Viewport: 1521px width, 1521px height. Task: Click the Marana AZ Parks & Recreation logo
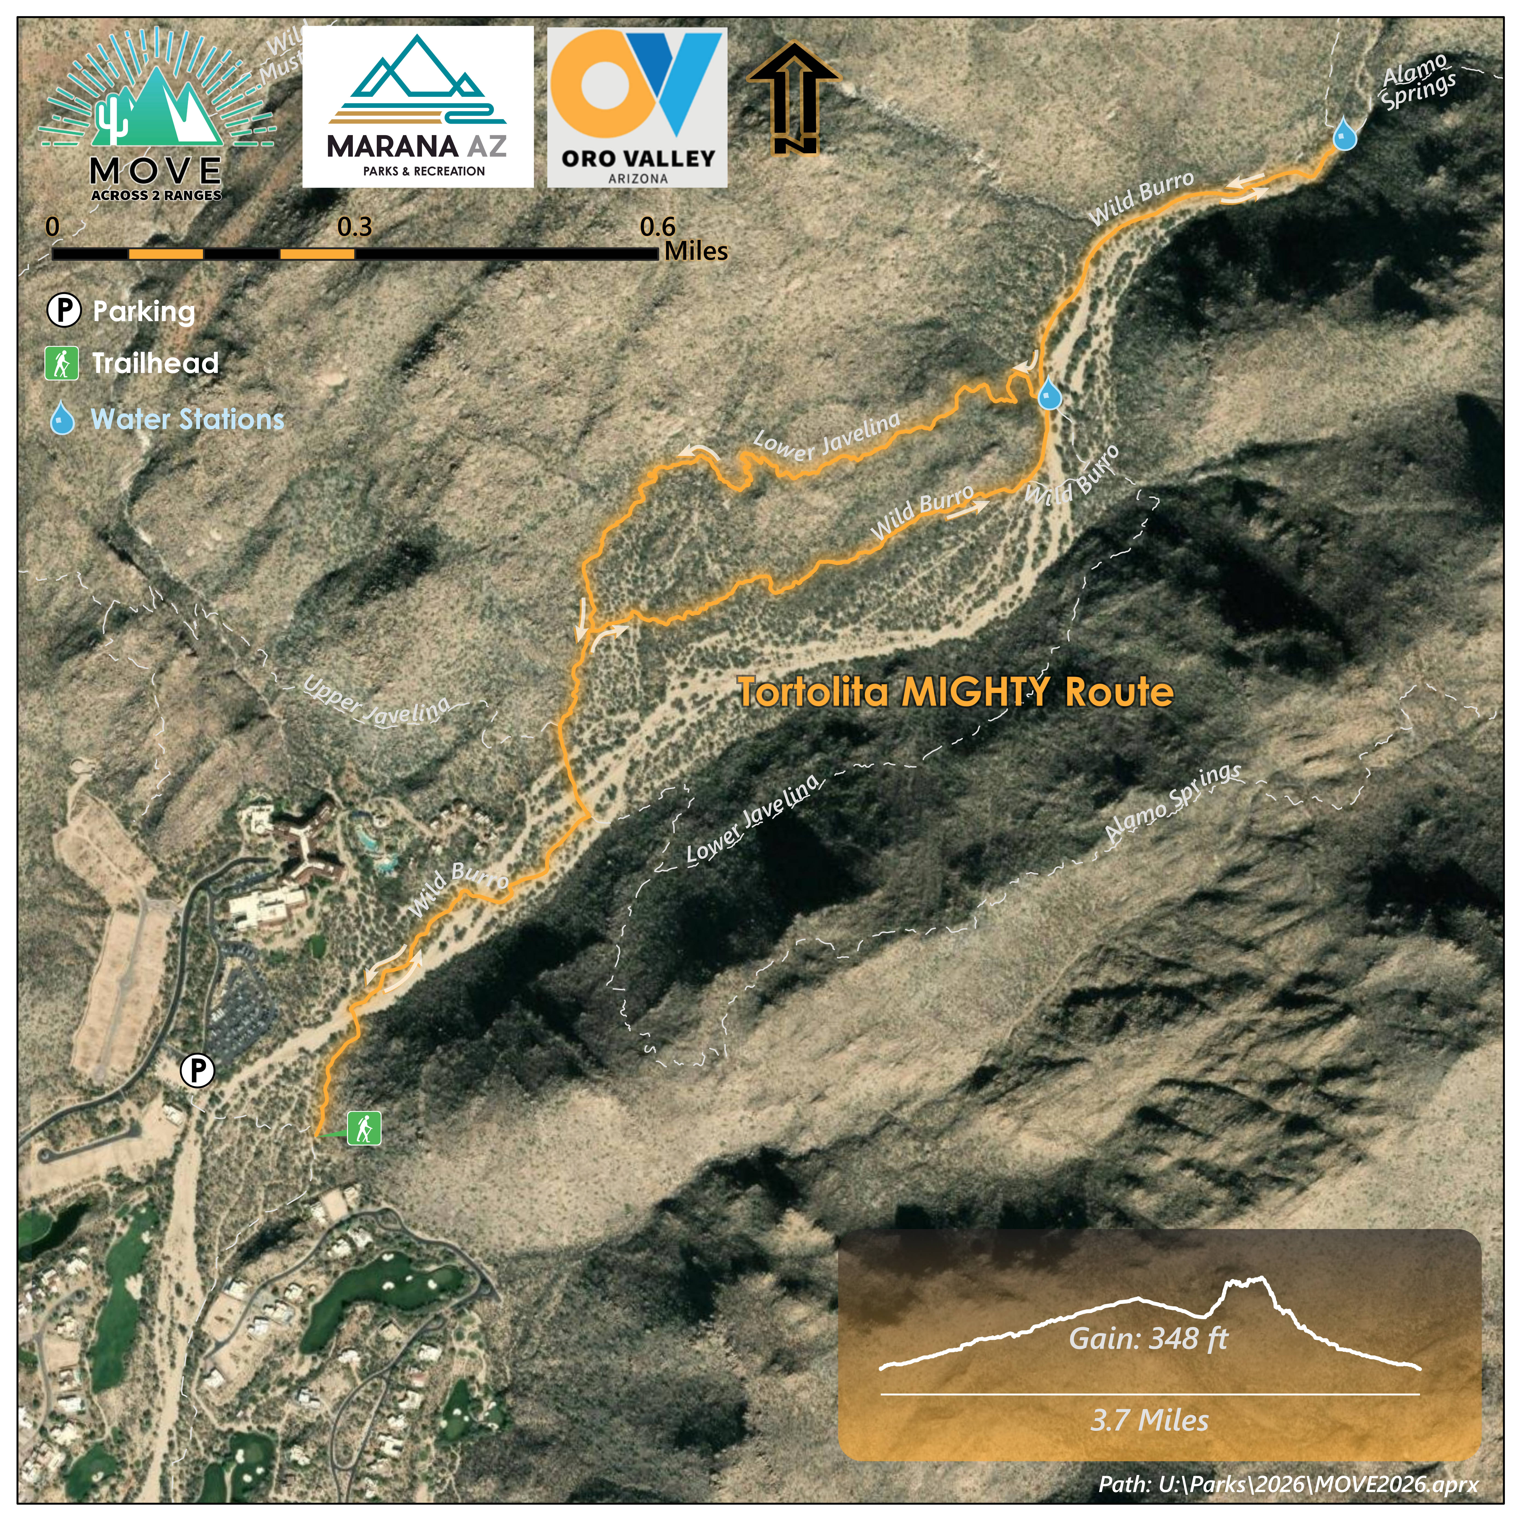click(x=417, y=107)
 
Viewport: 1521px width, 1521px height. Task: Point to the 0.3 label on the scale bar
click(x=354, y=227)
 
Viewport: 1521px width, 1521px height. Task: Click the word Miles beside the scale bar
click(x=696, y=252)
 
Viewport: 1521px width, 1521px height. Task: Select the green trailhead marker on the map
click(x=364, y=1128)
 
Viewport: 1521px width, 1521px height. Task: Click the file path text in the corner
click(x=1288, y=1484)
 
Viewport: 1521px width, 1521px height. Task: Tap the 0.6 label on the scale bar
click(x=657, y=227)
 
